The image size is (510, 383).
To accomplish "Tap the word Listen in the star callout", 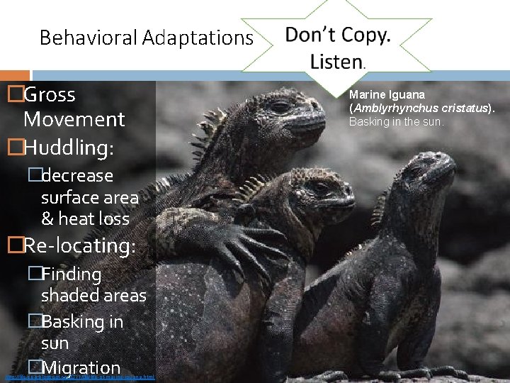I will (336, 62).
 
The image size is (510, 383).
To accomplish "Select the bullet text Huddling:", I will (68, 148).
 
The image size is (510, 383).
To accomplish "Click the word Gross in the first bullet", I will (50, 94).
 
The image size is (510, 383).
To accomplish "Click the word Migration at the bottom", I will (81, 367).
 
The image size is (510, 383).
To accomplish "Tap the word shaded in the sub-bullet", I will (69, 295).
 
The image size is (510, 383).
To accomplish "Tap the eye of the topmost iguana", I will (281, 107).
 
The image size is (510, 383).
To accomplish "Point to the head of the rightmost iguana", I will (425, 174).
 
